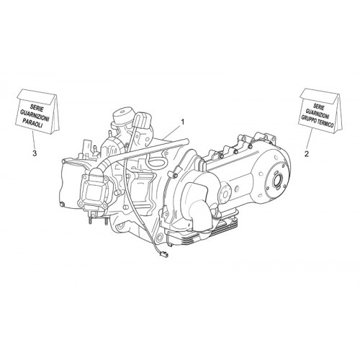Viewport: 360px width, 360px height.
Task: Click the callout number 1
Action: [183, 122]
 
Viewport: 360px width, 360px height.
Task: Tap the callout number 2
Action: [307, 154]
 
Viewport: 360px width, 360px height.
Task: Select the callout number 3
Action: [35, 153]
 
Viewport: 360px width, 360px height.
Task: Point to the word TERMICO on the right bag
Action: [325, 122]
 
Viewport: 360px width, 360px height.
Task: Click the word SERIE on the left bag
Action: [37, 107]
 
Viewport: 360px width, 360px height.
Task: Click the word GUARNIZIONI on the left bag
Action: [35, 115]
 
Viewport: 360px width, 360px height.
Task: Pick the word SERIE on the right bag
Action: [319, 107]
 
